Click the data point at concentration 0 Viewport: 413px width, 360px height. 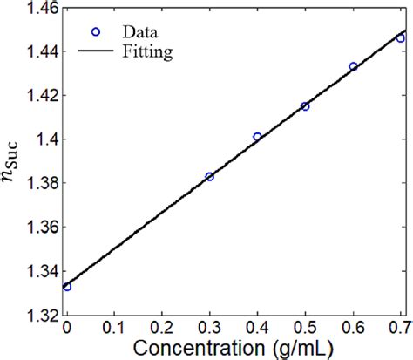point(67,287)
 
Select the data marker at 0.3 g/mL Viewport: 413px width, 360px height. point(209,176)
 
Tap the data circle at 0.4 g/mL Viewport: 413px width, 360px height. point(257,137)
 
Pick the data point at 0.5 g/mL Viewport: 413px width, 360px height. point(305,106)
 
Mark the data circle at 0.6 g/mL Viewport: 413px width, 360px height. point(353,66)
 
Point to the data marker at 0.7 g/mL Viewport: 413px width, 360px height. point(400,38)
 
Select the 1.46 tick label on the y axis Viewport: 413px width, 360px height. point(39,8)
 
